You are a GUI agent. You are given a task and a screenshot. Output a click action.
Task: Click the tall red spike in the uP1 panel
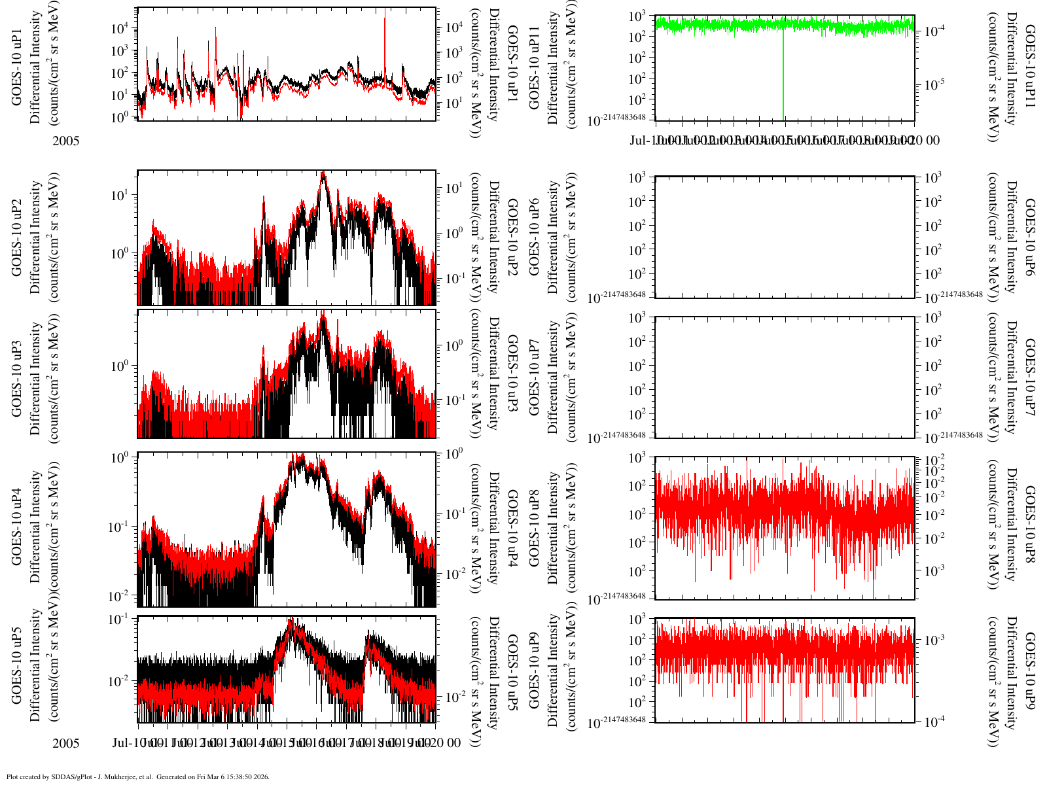(x=385, y=39)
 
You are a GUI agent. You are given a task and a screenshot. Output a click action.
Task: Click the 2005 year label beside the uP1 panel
(x=66, y=140)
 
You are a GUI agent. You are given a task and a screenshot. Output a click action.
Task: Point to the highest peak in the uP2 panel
(x=323, y=174)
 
